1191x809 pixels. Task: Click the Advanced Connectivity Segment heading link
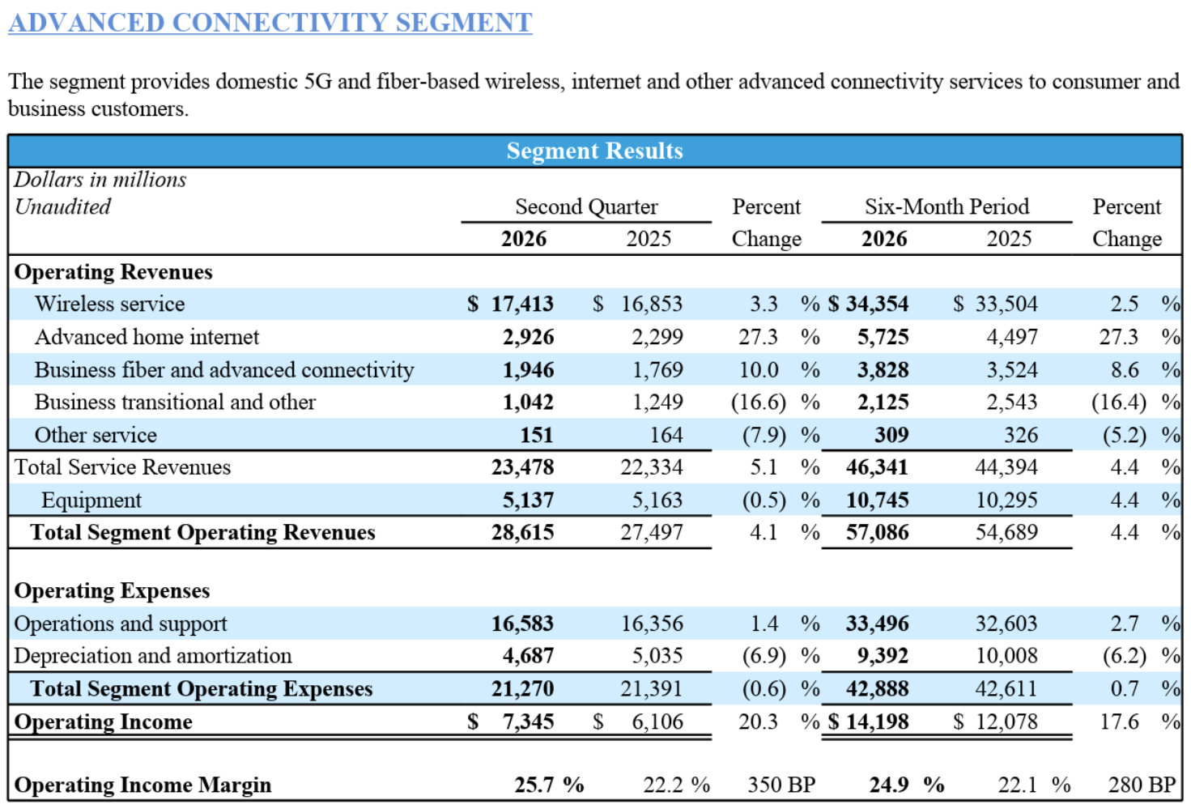pos(270,23)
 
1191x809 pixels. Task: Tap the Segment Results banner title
pos(594,151)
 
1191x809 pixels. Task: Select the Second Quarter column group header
pos(586,207)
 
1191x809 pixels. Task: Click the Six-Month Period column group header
pos(947,207)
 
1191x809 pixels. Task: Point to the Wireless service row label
pos(109,304)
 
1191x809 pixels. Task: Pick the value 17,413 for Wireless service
pos(522,304)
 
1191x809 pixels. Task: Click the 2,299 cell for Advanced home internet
pos(657,337)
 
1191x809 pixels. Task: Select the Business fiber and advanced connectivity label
pos(223,369)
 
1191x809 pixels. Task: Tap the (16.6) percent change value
pos(758,402)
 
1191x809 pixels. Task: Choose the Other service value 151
pos(537,435)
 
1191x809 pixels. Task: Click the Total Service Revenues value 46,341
pos(878,467)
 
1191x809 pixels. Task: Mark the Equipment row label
pos(91,500)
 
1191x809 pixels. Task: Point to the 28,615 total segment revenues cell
pos(523,532)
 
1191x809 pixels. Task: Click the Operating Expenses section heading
pos(112,590)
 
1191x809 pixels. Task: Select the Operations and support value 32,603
pos(1006,624)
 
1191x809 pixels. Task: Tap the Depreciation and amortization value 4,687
pos(529,656)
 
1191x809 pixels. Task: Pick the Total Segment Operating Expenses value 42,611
pos(1006,689)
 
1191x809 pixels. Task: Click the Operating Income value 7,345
pos(529,722)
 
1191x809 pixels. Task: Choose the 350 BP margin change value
pos(781,785)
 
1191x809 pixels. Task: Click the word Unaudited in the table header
pos(62,207)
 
